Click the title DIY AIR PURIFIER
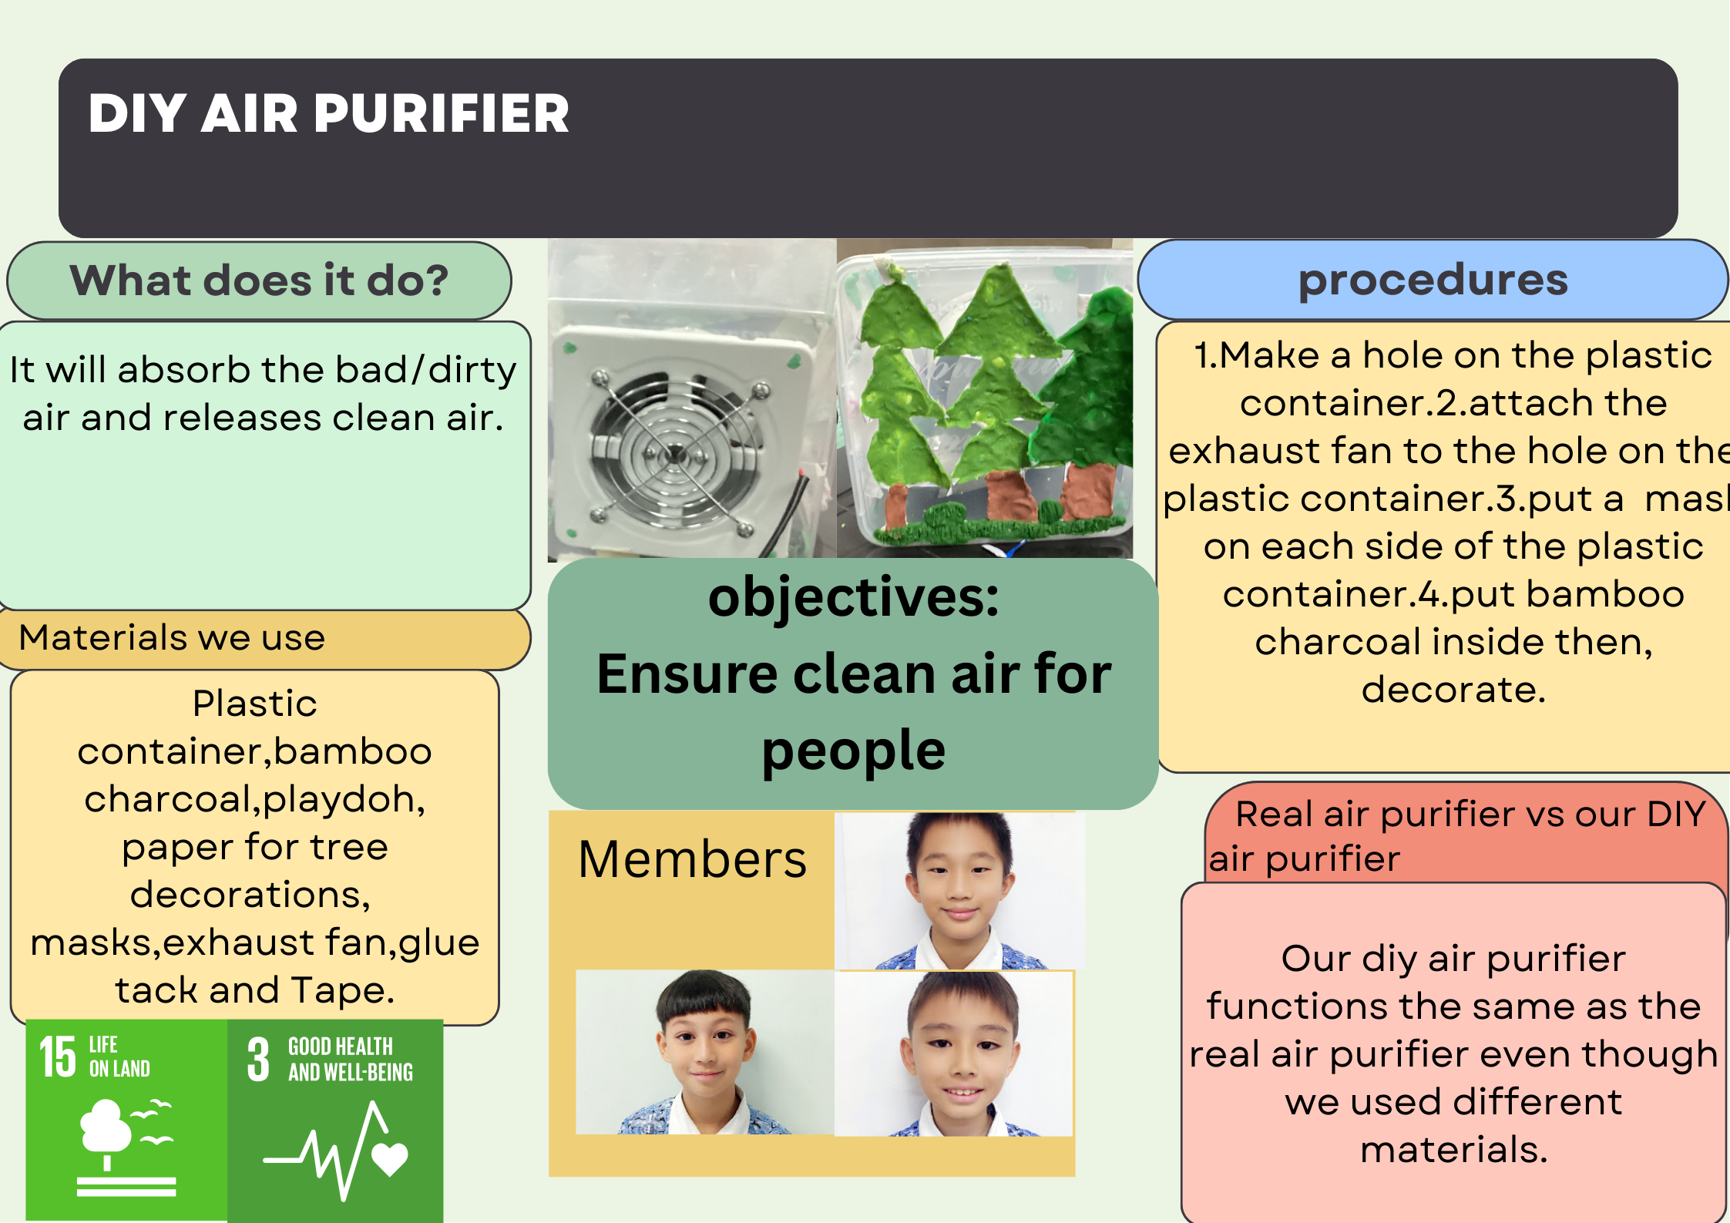[329, 114]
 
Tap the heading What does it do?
[259, 280]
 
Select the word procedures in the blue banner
[1433, 281]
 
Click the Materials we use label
[172, 638]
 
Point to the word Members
[692, 859]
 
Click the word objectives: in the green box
[853, 599]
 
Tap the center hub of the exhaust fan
[674, 455]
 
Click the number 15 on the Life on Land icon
[58, 1057]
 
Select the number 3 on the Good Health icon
[258, 1060]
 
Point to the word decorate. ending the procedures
[1453, 690]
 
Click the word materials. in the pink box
[1453, 1150]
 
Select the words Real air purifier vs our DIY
[1470, 815]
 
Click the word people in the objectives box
[853, 751]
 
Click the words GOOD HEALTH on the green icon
[341, 1047]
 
